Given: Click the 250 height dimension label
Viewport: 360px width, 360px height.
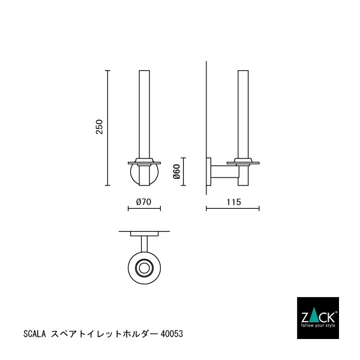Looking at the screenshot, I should (x=100, y=128).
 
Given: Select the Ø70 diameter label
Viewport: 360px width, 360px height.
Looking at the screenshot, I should (x=143, y=202).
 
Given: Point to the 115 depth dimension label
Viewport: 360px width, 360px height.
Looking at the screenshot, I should (x=233, y=202).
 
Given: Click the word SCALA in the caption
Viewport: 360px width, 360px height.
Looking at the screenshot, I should (x=34, y=331).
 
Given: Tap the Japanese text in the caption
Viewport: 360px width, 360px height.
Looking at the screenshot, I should (x=106, y=331).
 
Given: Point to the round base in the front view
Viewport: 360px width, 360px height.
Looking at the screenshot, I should (x=143, y=175).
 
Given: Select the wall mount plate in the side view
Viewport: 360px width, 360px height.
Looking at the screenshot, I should (x=209, y=173).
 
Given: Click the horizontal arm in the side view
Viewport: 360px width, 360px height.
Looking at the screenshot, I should (x=225, y=173).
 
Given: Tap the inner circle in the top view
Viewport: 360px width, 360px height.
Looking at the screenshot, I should (x=144, y=267).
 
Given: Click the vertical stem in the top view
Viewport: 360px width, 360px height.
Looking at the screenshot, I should (x=144, y=243).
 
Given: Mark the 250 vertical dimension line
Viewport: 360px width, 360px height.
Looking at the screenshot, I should (x=107, y=128).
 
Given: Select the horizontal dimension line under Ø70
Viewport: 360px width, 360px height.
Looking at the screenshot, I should (x=144, y=209).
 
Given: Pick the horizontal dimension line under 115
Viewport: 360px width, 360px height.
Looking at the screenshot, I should (x=233, y=209).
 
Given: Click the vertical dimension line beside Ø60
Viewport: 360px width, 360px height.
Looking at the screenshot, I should (x=184, y=173).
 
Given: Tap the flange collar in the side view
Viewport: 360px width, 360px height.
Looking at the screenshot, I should (x=243, y=161).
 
